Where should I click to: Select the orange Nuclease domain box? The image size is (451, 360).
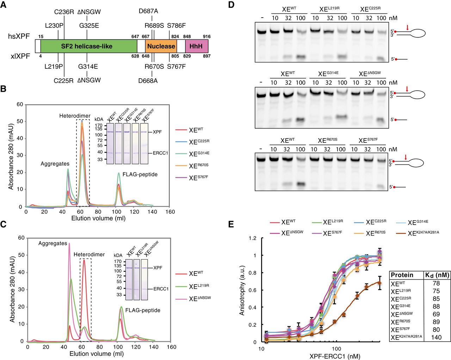coord(161,46)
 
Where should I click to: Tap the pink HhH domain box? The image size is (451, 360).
coord(196,46)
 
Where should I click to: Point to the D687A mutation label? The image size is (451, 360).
coord(148,11)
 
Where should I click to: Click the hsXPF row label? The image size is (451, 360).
coord(19,36)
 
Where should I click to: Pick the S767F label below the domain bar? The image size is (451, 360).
coord(176,66)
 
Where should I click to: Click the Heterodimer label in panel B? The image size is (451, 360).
coord(75,116)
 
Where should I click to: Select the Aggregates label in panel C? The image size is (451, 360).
coord(52,243)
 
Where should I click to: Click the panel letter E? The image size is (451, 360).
coord(231,224)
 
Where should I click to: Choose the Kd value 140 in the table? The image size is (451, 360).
coord(436,337)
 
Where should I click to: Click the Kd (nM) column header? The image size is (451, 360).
coord(437,275)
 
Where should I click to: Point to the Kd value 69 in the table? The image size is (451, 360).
coord(436,314)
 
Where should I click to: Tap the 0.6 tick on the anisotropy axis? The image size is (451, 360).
coord(252,290)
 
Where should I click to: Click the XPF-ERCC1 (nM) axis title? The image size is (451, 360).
coord(335,356)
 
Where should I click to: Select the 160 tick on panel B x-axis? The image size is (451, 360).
coord(170,212)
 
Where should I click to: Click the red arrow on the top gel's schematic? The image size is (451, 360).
coord(408,28)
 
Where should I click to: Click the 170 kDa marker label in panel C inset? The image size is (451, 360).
coord(118,262)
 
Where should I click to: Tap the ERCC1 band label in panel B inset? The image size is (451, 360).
coord(160,153)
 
